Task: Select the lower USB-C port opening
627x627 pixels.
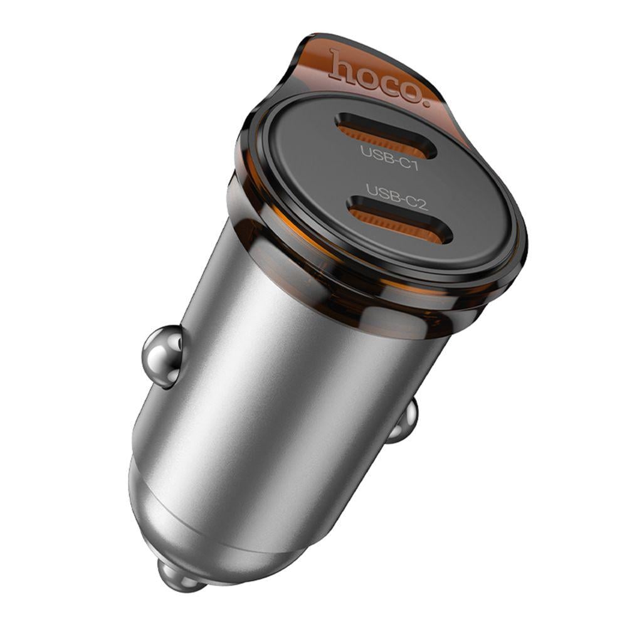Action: (x=399, y=219)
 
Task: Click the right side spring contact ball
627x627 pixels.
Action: (x=403, y=421)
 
